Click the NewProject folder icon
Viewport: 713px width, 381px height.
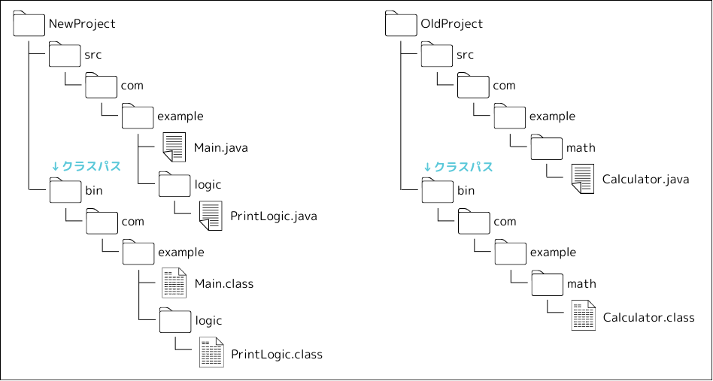pos(29,24)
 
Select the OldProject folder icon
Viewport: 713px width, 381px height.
pos(401,24)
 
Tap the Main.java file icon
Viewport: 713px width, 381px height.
pos(174,147)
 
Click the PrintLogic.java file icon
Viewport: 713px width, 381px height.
pos(211,216)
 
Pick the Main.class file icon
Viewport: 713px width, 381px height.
pos(174,283)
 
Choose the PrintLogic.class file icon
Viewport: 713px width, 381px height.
pos(211,353)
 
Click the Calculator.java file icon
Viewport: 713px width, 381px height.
pos(582,180)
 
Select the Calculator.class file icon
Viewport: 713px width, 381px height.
pos(582,316)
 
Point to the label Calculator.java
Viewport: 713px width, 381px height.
pos(645,180)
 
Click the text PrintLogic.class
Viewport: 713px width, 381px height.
pos(276,354)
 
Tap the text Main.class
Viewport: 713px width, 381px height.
pos(223,284)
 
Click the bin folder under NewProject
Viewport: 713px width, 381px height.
pos(65,190)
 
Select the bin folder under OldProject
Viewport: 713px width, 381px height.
pos(437,190)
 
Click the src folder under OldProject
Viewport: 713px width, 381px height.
pos(437,54)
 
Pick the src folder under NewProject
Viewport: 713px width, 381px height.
pos(65,54)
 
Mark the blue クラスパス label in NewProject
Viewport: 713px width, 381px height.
pos(86,167)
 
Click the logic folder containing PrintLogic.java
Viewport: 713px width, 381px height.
pos(174,184)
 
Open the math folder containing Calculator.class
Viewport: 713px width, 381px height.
pos(547,283)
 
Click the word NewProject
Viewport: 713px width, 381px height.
pos(82,24)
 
